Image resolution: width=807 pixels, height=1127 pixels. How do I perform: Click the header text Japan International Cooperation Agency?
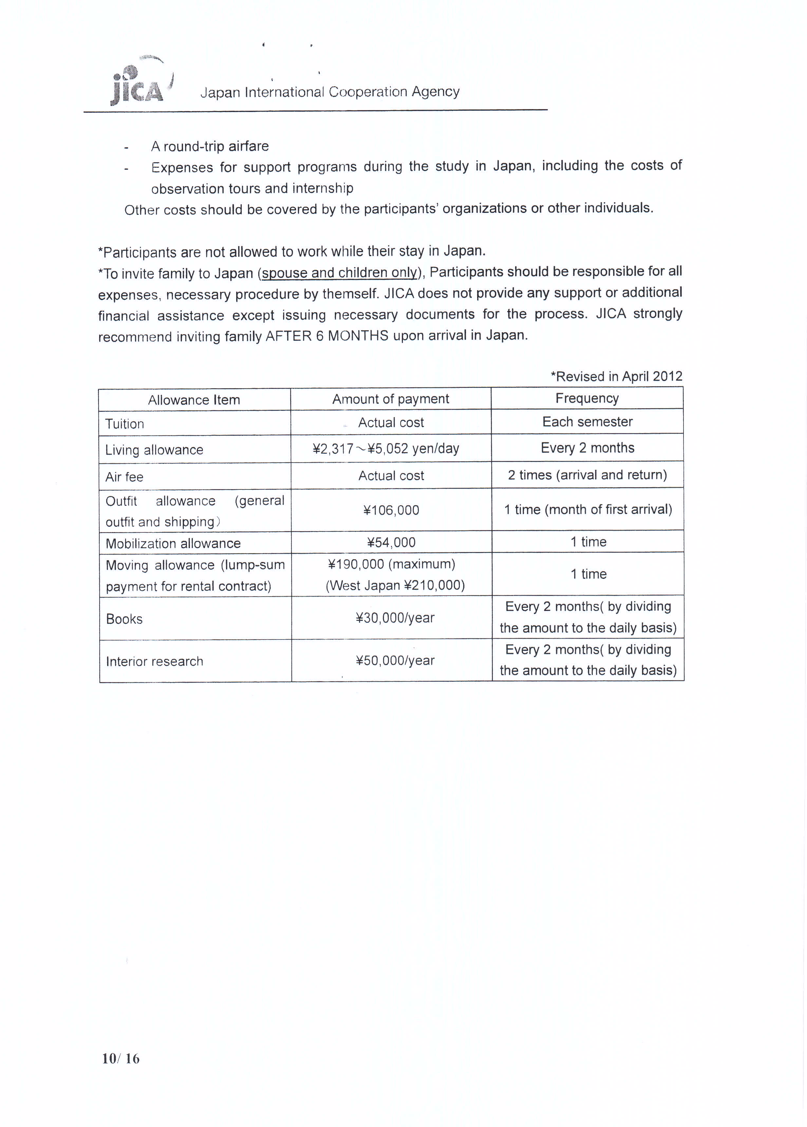click(330, 92)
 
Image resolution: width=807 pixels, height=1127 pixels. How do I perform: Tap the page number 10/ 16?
click(121, 1059)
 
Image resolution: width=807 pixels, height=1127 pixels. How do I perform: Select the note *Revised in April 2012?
click(616, 376)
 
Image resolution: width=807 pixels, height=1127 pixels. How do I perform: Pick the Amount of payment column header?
click(390, 399)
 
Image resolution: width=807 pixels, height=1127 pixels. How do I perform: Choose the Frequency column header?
click(587, 398)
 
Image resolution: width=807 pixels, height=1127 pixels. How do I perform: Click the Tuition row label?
click(125, 424)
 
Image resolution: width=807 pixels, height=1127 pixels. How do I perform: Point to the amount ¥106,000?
click(391, 510)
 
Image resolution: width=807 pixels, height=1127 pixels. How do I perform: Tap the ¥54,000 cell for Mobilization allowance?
click(391, 542)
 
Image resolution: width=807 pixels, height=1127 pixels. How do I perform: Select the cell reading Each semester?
click(587, 422)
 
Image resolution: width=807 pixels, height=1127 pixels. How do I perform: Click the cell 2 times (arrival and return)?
click(587, 475)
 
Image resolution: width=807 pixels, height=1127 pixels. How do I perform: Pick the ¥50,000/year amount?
click(395, 660)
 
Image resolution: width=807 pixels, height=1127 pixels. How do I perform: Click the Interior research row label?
click(155, 661)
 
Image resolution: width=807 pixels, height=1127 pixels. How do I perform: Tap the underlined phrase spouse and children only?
click(339, 273)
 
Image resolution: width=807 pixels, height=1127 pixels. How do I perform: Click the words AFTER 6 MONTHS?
click(327, 336)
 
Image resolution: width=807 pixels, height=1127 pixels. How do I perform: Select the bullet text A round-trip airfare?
click(210, 146)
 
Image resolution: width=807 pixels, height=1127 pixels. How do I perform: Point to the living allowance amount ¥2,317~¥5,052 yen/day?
click(386, 449)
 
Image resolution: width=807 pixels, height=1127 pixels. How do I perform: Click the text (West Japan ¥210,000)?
click(395, 585)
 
